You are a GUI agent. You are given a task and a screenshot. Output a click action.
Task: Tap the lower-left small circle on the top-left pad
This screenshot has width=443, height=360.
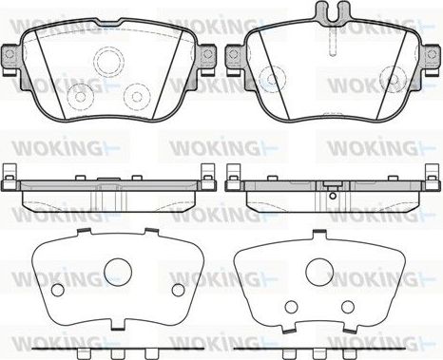tap(82, 96)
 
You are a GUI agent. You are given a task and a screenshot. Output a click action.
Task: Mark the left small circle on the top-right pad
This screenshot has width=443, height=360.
tap(273, 81)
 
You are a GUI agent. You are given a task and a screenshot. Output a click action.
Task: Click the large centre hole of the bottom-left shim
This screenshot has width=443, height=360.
tap(117, 273)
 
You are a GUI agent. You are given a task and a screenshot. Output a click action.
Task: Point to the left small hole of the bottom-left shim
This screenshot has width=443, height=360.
tap(55, 290)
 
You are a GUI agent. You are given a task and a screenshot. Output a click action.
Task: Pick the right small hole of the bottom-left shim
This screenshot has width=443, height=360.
tap(177, 290)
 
